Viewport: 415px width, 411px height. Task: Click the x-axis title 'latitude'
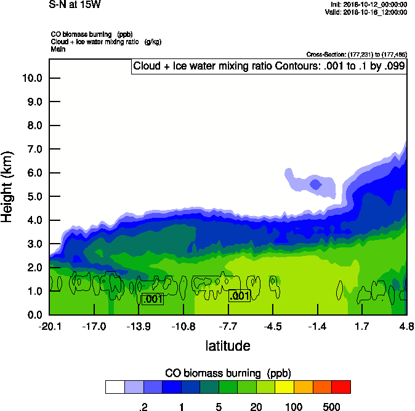point(228,346)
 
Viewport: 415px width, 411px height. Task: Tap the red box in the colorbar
point(341,387)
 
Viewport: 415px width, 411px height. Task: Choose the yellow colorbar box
point(284,387)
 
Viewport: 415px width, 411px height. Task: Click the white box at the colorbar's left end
point(115,387)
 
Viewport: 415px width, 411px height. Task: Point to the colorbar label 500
point(331,407)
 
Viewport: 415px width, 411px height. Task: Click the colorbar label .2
point(143,407)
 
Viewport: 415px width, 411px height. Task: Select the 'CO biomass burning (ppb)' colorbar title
point(228,373)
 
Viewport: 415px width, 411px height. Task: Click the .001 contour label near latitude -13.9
point(152,300)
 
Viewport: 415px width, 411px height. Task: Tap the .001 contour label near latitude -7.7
point(240,297)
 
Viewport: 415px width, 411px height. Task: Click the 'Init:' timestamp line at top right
point(368,5)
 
